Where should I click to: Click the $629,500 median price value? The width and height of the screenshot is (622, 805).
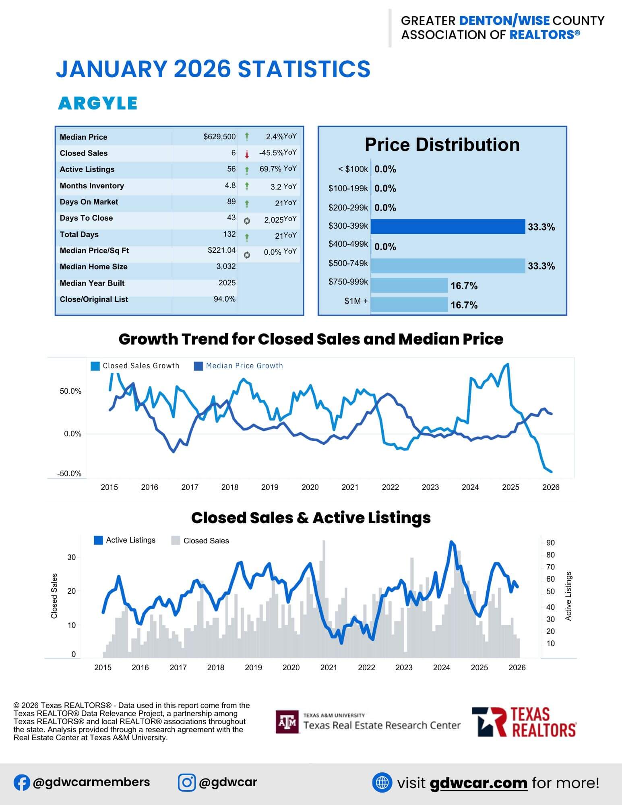tap(219, 137)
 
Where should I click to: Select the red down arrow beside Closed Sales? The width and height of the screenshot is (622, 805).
tap(247, 154)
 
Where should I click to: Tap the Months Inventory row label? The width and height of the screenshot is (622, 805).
tap(92, 186)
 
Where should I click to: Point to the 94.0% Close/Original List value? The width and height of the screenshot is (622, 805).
tap(225, 299)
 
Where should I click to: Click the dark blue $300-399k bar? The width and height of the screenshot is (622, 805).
tap(448, 227)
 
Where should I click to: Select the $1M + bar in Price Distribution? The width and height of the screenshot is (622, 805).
tap(409, 304)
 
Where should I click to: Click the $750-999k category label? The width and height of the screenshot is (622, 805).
tap(348, 282)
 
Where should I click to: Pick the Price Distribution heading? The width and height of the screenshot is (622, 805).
tap(442, 145)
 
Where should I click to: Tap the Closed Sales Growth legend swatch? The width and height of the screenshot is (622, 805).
tap(95, 366)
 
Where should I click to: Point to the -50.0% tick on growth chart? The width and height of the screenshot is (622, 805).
tap(69, 474)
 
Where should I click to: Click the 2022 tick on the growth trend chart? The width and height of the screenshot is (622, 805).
tap(390, 487)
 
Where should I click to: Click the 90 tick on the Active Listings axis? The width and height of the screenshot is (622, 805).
tap(550, 543)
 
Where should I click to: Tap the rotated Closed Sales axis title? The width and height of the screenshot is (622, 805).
tap(54, 596)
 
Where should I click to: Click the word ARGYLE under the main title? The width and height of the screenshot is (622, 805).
tap(98, 103)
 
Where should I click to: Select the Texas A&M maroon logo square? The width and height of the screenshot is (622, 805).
tap(287, 722)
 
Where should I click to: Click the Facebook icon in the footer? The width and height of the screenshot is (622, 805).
tap(22, 782)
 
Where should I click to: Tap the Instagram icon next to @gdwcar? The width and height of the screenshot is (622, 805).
tap(187, 782)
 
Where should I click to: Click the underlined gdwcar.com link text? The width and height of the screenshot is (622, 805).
tap(478, 783)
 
